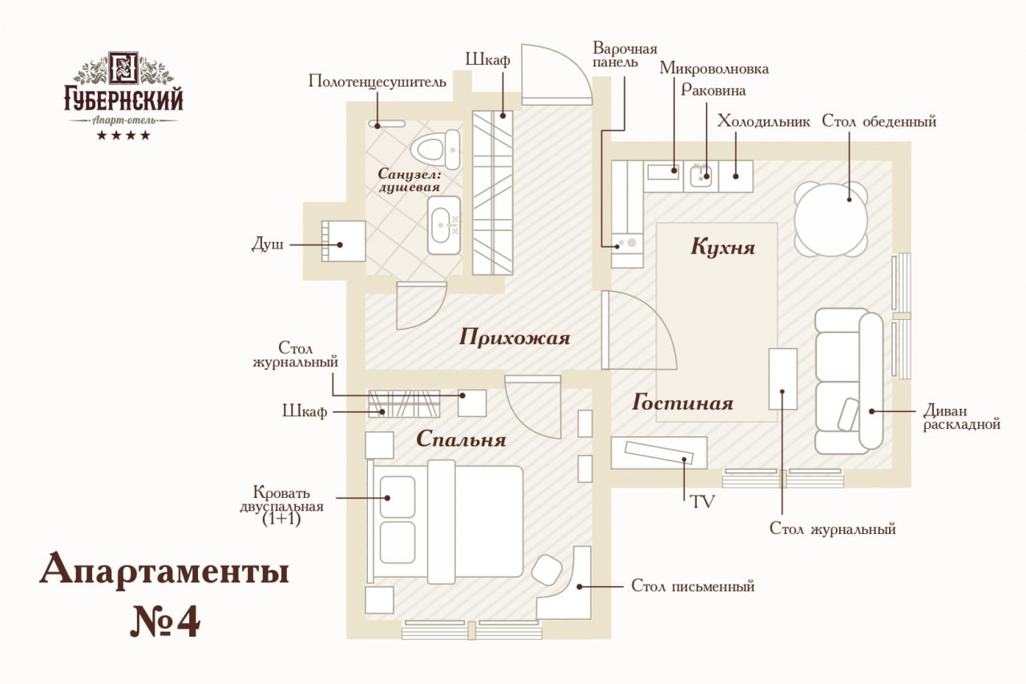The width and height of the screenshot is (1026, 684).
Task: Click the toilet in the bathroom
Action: pos(434,149)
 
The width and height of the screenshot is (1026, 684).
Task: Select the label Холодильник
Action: pos(763,122)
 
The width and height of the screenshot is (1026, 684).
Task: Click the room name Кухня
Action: pos(723,247)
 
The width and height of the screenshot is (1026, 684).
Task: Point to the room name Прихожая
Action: pos(515,338)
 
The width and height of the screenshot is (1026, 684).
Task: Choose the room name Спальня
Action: pos(461,439)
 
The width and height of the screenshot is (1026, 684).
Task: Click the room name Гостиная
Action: pos(683,403)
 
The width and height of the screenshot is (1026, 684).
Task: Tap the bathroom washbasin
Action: pos(444,225)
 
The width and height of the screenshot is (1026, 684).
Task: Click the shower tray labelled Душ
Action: pos(343,241)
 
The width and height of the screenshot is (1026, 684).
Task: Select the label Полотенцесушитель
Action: pos(377,82)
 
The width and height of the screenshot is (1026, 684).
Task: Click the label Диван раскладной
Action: pos(961,417)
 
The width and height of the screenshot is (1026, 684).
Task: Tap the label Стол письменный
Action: pos(693,586)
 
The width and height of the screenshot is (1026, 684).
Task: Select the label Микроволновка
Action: pos(714,69)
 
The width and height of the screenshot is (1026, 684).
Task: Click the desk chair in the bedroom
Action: pos(549,569)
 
